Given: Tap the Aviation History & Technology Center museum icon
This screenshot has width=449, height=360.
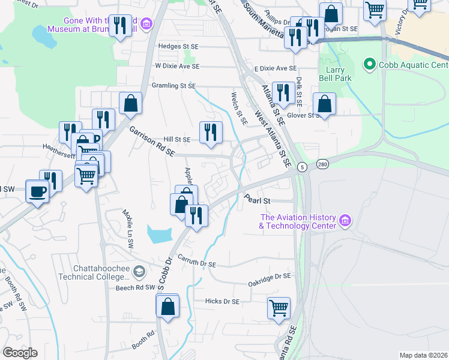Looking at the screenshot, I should [x=345, y=221].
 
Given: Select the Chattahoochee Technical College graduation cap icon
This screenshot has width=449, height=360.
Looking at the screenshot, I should [x=139, y=272].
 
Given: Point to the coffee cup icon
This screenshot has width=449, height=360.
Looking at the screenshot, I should [x=38, y=191].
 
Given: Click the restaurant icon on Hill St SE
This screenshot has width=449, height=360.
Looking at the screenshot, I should [x=211, y=132].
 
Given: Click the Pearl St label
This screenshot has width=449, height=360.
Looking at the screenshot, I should [x=258, y=200].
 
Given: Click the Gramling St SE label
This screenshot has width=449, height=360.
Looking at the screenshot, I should [x=175, y=86].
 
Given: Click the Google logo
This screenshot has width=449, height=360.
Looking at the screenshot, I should [x=20, y=353].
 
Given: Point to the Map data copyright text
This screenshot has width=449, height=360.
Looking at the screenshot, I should [x=424, y=355].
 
